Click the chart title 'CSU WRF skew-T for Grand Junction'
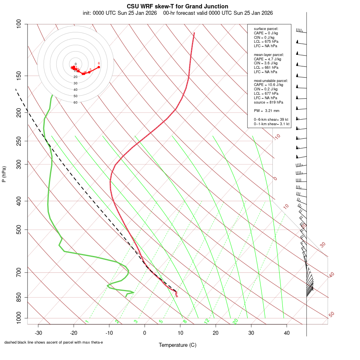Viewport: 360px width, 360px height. click(x=178, y=6)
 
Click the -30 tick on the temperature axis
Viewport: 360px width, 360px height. click(x=38, y=333)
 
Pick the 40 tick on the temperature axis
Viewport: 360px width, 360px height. click(x=287, y=333)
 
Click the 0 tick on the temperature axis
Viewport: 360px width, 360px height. click(x=145, y=333)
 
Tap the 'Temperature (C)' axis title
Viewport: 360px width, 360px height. click(x=178, y=345)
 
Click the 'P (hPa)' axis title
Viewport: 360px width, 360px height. click(x=4, y=174)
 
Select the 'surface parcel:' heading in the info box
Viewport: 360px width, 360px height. click(x=266, y=29)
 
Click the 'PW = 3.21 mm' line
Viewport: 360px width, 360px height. click(x=267, y=110)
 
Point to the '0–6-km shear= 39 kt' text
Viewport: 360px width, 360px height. click(x=271, y=119)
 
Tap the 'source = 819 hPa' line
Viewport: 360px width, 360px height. click(x=268, y=102)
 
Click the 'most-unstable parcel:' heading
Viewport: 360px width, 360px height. click(x=271, y=80)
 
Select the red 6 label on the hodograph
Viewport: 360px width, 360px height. click(x=99, y=63)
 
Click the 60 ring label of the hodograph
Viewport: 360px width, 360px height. click(x=75, y=102)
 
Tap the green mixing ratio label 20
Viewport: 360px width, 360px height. click(x=236, y=321)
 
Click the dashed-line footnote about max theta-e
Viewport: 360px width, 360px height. click(x=54, y=342)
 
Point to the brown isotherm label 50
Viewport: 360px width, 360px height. click(x=331, y=315)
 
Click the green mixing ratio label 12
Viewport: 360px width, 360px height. click(x=207, y=321)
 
